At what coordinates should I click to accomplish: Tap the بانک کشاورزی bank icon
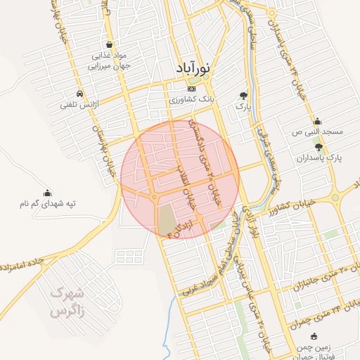pos(192,89)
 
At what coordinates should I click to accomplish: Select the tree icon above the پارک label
pos(243,95)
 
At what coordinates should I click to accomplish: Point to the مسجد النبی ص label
pos(319,132)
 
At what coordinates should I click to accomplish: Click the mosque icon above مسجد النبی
pos(317,121)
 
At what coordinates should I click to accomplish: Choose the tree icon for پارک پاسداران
pos(319,147)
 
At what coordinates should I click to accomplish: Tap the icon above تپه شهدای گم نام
pos(47,193)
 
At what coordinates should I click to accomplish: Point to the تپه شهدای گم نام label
pos(47,204)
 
